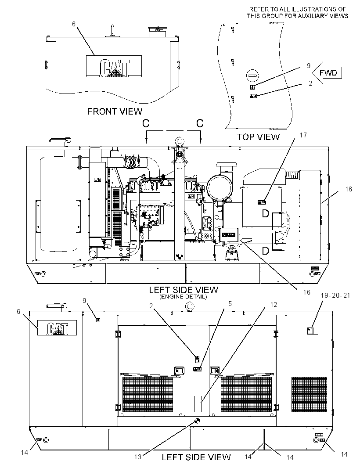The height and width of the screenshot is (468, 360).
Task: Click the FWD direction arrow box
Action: point(327,73)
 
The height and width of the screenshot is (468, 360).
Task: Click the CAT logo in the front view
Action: point(114,66)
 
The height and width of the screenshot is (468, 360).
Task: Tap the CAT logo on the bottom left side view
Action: point(57,328)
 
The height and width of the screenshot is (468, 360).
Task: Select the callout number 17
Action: point(303,135)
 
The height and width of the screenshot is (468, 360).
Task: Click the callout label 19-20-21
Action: point(335,295)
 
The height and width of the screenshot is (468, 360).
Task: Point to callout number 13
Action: point(137,457)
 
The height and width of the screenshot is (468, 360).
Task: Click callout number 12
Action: point(274,304)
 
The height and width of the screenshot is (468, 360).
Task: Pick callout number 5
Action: point(230,303)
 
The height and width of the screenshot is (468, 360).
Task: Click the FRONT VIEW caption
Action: point(115,112)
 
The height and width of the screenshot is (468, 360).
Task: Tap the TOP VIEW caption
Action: point(258,137)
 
